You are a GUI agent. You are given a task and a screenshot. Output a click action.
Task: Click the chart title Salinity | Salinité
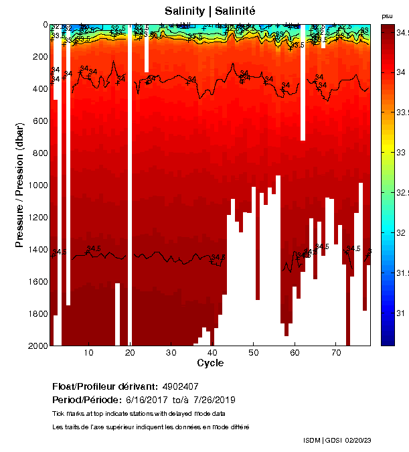(x=210, y=11)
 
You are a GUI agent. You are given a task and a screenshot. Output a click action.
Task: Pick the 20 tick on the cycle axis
(x=130, y=353)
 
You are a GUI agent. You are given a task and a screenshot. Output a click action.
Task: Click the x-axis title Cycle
(x=210, y=363)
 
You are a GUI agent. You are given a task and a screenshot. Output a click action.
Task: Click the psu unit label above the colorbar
(x=387, y=15)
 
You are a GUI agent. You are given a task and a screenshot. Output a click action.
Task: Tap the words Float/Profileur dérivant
(x=104, y=386)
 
